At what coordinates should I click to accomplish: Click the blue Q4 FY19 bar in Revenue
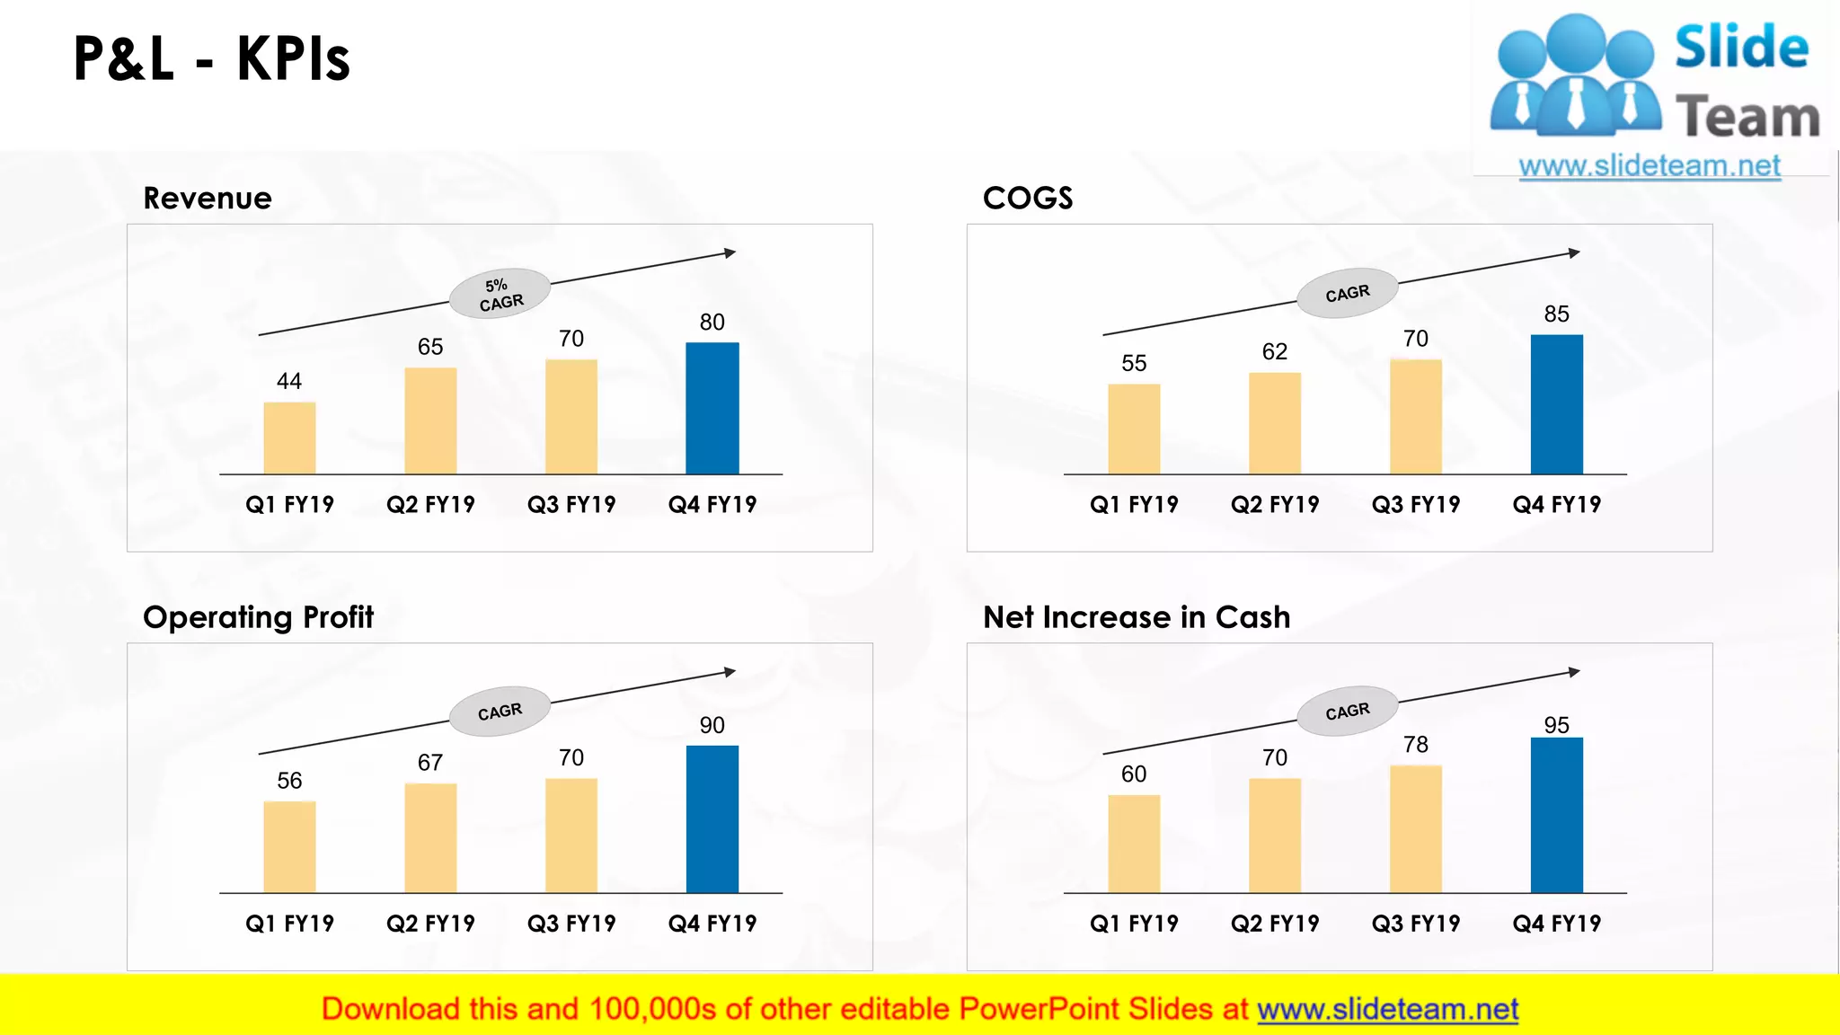[x=712, y=408]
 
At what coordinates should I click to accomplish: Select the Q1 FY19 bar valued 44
[x=289, y=438]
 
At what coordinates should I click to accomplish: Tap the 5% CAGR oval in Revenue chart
[x=500, y=293]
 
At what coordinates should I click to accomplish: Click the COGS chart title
[x=1028, y=198]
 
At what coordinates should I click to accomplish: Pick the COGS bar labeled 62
[x=1274, y=422]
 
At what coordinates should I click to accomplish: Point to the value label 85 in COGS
[x=1556, y=314]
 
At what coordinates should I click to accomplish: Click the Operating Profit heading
[x=258, y=617]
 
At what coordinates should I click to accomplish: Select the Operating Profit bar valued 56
[x=289, y=846]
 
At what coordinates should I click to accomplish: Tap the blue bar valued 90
[x=712, y=818]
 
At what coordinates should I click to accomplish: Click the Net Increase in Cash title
[x=1137, y=617]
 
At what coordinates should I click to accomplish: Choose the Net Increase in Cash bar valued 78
[x=1415, y=828]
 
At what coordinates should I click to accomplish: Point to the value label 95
[x=1556, y=725]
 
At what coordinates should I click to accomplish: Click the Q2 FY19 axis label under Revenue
[x=430, y=505]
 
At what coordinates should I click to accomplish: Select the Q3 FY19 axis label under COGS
[x=1415, y=505]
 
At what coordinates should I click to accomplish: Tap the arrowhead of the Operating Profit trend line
[x=730, y=672]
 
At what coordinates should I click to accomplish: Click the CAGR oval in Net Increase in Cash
[x=1347, y=712]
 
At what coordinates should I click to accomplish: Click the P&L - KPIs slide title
[x=211, y=59]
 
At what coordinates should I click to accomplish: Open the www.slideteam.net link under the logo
[x=1649, y=166]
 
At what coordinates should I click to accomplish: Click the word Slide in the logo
[x=1741, y=48]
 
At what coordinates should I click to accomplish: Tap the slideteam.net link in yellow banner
[x=1387, y=1010]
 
